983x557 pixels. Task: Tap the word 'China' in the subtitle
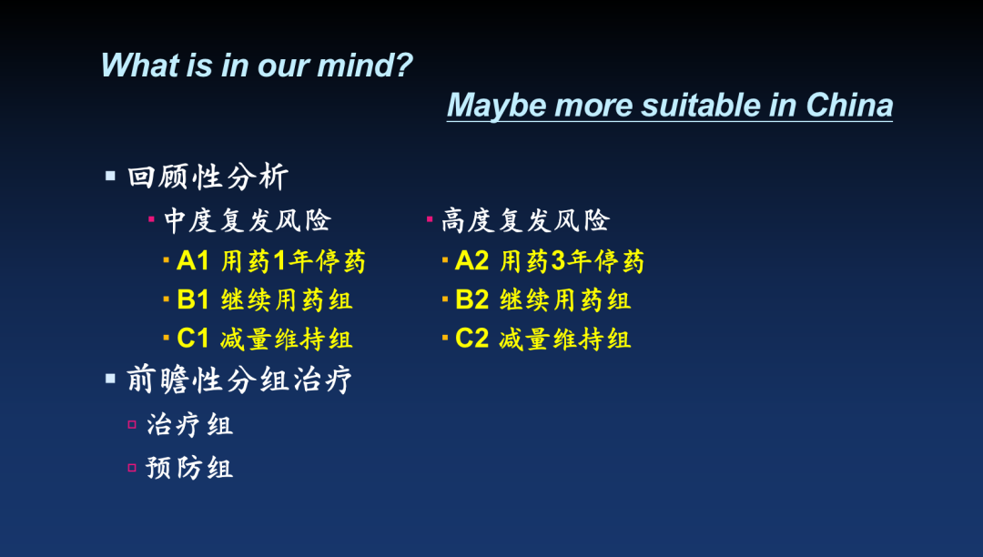tap(849, 105)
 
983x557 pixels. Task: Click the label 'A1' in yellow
tap(192, 260)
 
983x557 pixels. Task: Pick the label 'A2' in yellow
tap(471, 260)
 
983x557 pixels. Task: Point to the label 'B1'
tap(192, 299)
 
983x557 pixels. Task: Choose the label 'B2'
tap(471, 299)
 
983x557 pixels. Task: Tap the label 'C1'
tap(192, 339)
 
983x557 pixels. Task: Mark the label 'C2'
tap(471, 339)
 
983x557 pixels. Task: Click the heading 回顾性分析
tap(208, 176)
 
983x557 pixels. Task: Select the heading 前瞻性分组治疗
tap(239, 379)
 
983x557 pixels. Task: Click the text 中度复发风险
tap(248, 220)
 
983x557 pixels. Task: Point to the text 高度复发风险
tap(525, 220)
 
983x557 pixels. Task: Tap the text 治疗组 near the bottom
tap(190, 425)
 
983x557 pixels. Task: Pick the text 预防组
tap(189, 468)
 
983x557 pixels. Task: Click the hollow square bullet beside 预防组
tap(132, 468)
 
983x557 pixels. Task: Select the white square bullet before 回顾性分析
tap(110, 176)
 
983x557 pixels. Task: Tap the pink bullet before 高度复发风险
tap(430, 218)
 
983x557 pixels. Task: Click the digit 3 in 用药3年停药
tap(559, 260)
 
